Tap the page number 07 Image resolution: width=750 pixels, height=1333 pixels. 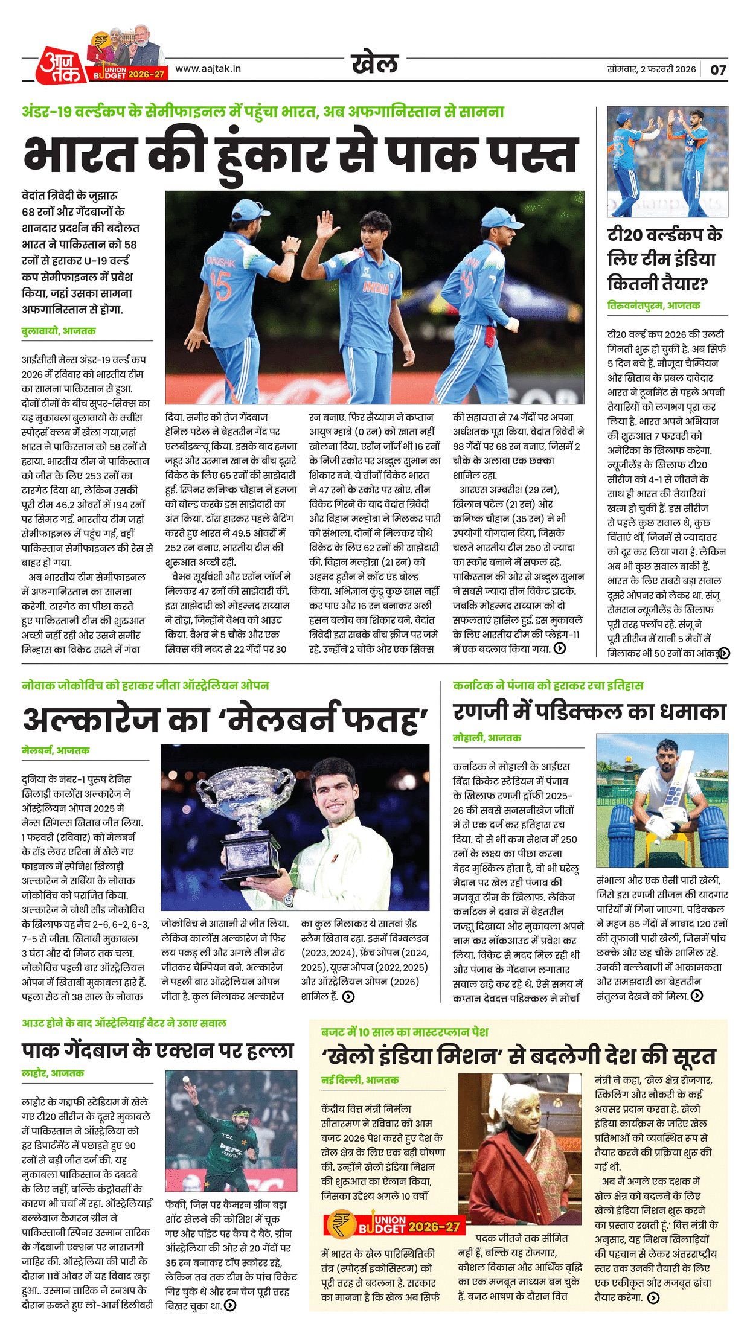(718, 69)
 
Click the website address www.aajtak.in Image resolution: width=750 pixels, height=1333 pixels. (208, 69)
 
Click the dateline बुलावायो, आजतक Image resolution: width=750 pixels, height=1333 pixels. (59, 331)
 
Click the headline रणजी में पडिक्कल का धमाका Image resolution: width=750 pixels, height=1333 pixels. (589, 712)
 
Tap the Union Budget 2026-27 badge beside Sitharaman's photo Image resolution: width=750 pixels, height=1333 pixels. (394, 1224)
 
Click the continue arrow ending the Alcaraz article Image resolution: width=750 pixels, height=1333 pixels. (348, 997)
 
